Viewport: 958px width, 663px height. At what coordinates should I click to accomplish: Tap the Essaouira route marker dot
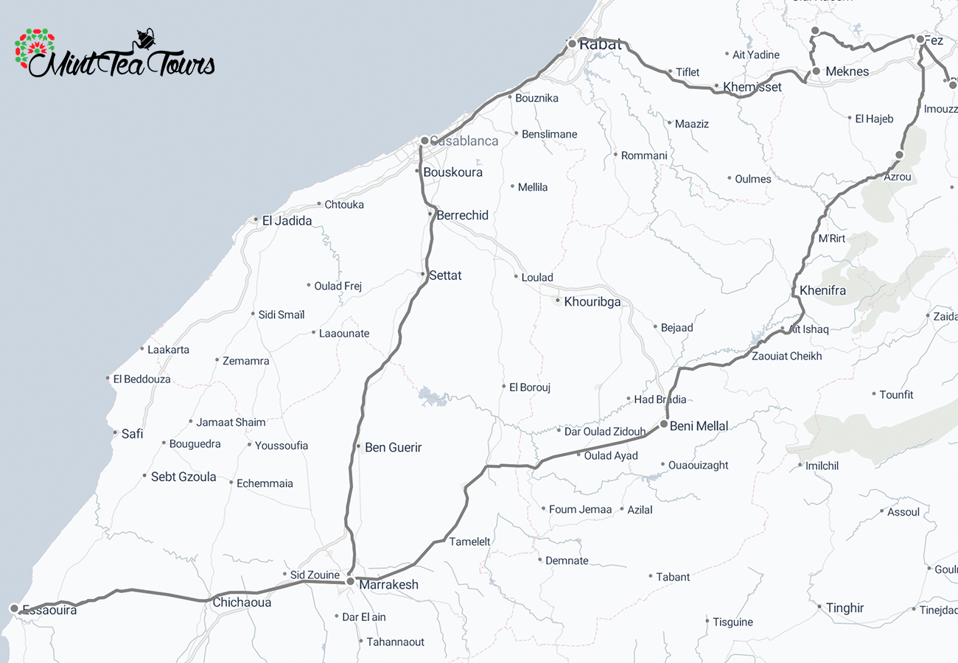pyautogui.click(x=14, y=608)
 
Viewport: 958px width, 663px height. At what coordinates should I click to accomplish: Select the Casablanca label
pyautogui.click(x=464, y=141)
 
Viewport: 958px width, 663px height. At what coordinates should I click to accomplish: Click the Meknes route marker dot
pyautogui.click(x=817, y=71)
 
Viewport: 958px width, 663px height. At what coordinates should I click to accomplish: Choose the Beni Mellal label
pyautogui.click(x=699, y=426)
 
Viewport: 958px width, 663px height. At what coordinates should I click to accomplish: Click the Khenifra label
pyautogui.click(x=822, y=290)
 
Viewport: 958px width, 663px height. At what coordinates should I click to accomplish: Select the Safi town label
pyautogui.click(x=132, y=434)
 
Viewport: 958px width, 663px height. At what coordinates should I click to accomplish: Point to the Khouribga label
pyautogui.click(x=592, y=302)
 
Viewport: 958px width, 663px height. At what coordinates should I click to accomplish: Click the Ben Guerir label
pyautogui.click(x=393, y=447)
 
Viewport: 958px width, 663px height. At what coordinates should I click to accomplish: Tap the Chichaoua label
pyautogui.click(x=242, y=603)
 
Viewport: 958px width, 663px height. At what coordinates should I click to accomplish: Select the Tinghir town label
pyautogui.click(x=845, y=608)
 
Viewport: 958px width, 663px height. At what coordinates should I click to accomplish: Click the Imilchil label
pyautogui.click(x=822, y=466)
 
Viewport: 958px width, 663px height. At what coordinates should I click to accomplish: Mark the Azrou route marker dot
pyautogui.click(x=899, y=155)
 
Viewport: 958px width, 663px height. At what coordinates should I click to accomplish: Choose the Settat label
pyautogui.click(x=445, y=276)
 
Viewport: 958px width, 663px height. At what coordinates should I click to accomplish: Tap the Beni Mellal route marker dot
pyautogui.click(x=664, y=424)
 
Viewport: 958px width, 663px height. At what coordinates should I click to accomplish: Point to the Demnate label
pyautogui.click(x=567, y=561)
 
